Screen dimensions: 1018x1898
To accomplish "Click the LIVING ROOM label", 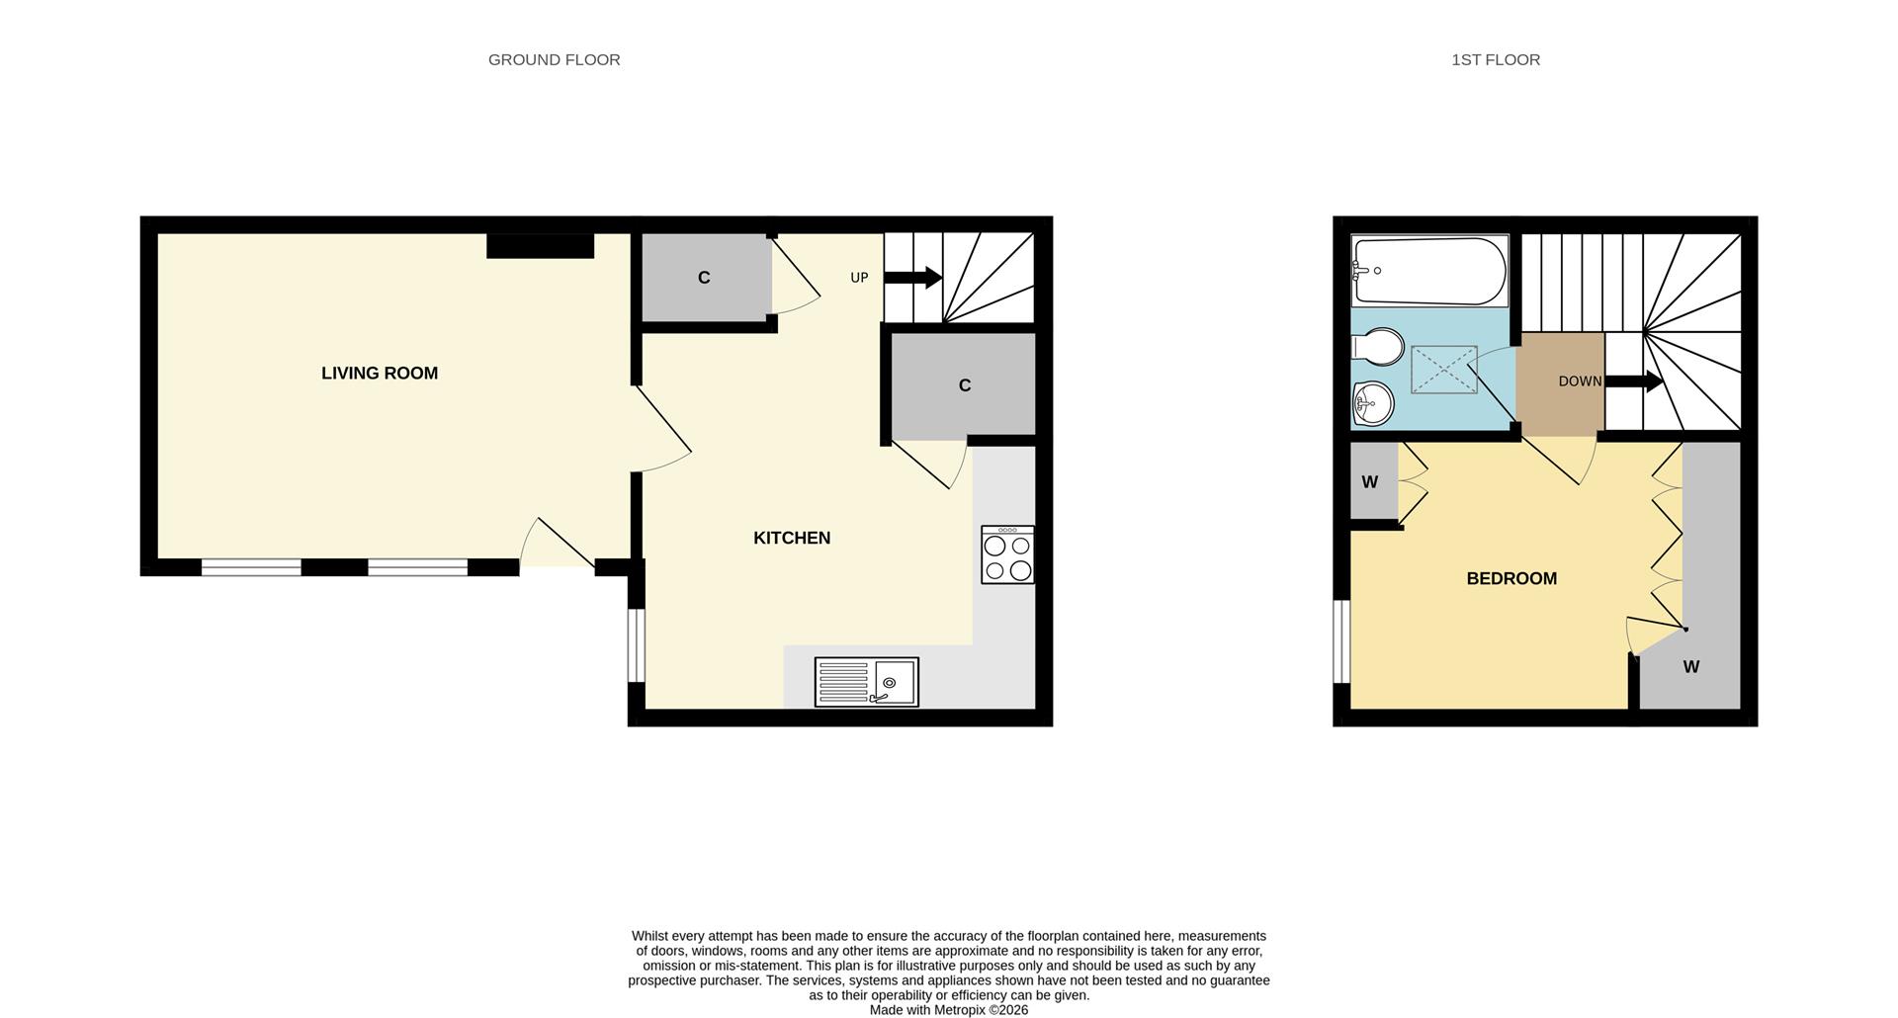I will pyautogui.click(x=379, y=373).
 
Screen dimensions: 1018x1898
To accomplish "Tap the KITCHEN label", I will pyautogui.click(x=791, y=538).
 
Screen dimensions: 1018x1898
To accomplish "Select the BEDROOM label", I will pyautogui.click(x=1510, y=578).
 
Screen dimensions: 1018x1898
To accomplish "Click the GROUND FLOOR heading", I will pyautogui.click(x=554, y=59).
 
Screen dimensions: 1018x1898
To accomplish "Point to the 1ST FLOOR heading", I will pyautogui.click(x=1495, y=59).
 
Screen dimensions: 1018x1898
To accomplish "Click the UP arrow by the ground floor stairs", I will pyautogui.click(x=912, y=278).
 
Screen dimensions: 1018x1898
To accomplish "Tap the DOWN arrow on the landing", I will pyautogui.click(x=1634, y=382).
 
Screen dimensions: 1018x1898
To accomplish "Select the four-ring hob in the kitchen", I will pyautogui.click(x=1007, y=554).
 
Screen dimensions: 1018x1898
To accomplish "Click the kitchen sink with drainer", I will pyautogui.click(x=866, y=682).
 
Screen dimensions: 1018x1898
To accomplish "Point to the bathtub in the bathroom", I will pyautogui.click(x=1429, y=271).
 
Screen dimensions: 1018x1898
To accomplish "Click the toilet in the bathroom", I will pyautogui.click(x=1377, y=347).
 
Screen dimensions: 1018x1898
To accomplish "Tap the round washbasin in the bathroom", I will pyautogui.click(x=1372, y=402).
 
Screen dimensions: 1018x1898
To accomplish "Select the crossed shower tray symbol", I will pyautogui.click(x=1443, y=370).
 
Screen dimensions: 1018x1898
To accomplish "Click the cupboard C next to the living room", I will pyautogui.click(x=704, y=278).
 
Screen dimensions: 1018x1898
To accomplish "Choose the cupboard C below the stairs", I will pyautogui.click(x=964, y=385).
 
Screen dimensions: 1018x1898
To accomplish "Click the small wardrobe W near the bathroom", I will pyautogui.click(x=1370, y=482).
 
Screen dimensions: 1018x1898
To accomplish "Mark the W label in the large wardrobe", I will pyautogui.click(x=1690, y=667).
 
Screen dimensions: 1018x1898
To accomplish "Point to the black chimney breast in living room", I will pyautogui.click(x=540, y=245).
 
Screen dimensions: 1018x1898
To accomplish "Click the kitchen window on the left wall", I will pyautogui.click(x=638, y=645).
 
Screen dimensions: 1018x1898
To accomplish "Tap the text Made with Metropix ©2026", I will pyautogui.click(x=948, y=1010).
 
